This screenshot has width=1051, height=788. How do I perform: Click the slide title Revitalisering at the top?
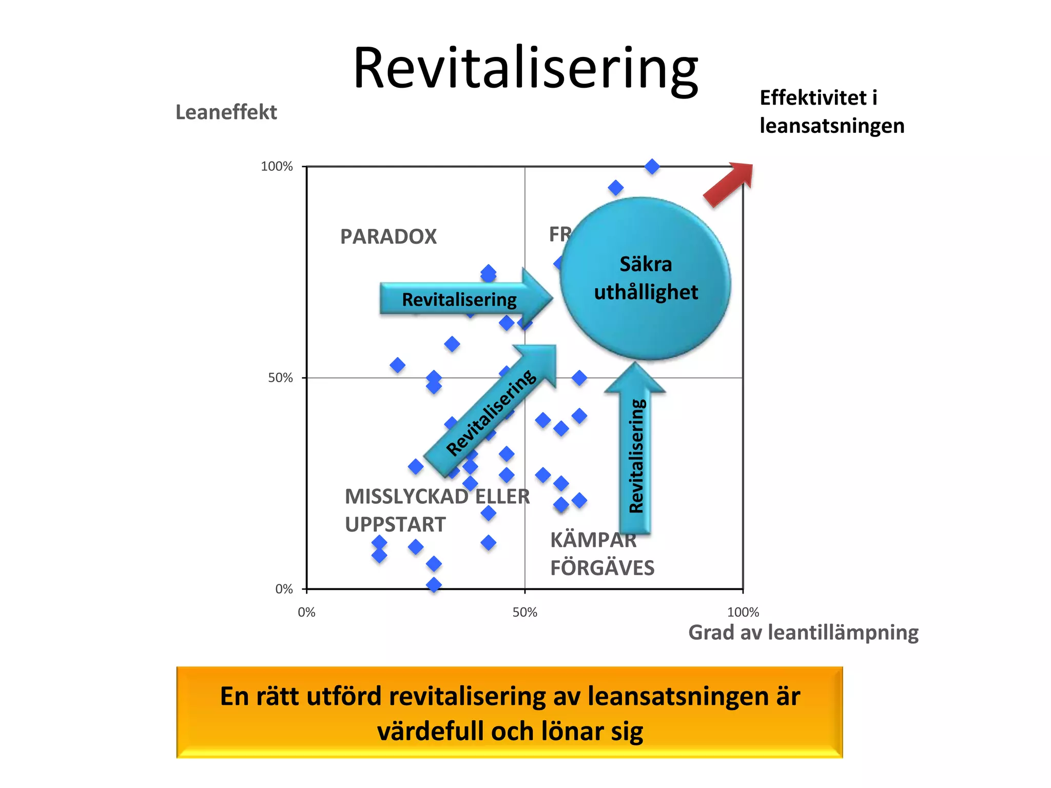click(525, 69)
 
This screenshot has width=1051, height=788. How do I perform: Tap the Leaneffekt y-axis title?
click(226, 112)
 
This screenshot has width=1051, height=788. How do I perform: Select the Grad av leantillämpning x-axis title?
click(803, 633)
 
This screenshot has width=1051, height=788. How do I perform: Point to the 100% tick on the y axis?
click(277, 167)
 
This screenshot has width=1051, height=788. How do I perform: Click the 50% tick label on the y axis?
click(280, 378)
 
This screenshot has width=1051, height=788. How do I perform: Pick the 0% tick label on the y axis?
click(284, 589)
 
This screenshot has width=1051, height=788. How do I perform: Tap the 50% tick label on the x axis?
click(524, 613)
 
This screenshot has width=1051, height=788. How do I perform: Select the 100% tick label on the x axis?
click(743, 613)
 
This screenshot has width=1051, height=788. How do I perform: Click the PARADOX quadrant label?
click(388, 237)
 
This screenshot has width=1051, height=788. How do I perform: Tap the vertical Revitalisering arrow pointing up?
click(635, 451)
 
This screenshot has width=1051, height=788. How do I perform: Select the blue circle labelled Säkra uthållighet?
click(646, 279)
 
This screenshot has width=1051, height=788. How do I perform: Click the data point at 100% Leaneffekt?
click(652, 167)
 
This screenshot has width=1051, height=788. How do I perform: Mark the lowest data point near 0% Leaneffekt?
click(434, 585)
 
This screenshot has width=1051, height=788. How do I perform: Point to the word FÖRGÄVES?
click(602, 568)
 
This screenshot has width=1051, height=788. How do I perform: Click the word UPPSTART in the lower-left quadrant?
click(395, 525)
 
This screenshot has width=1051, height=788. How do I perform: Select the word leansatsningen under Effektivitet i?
click(832, 126)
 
